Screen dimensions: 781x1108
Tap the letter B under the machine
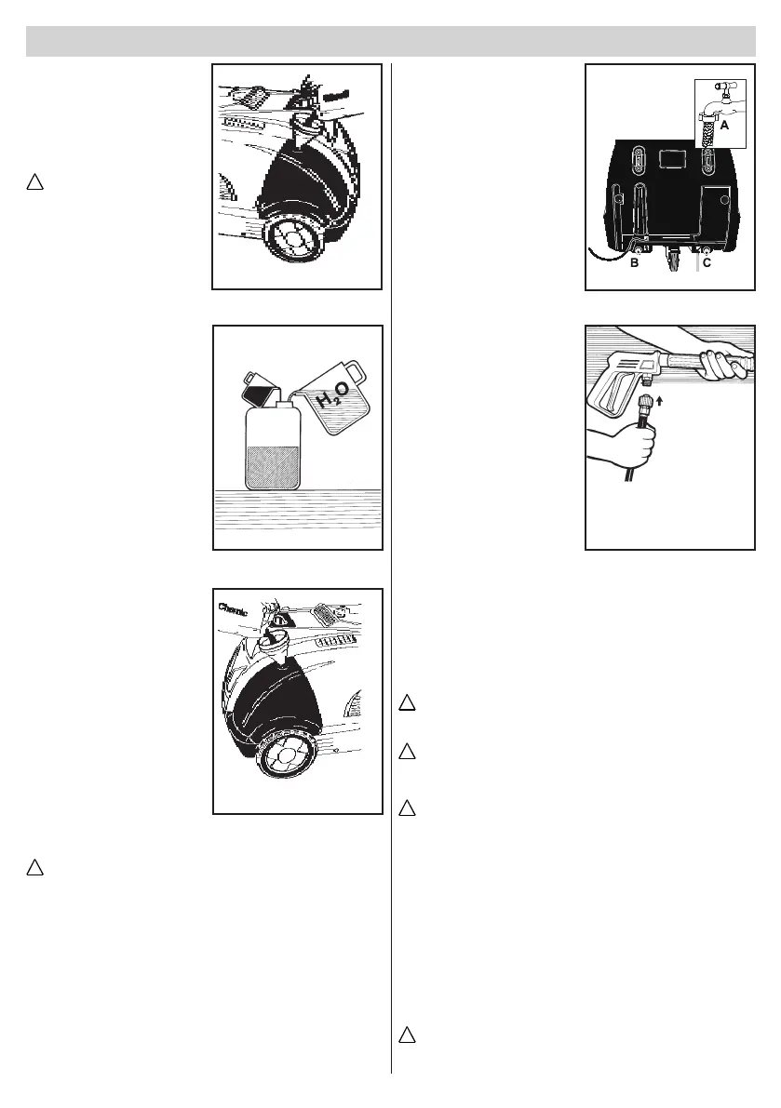[634, 263]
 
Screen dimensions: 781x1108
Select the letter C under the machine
[707, 263]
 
